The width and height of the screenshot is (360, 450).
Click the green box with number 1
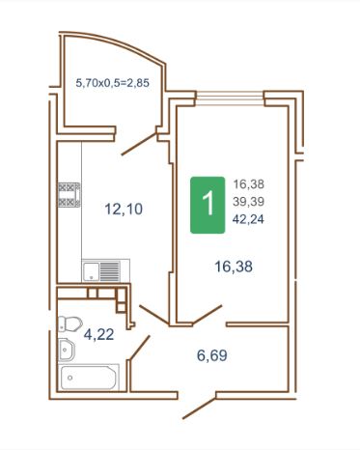(208, 205)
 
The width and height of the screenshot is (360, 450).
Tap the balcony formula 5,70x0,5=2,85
(113, 83)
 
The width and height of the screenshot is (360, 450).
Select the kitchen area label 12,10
(124, 209)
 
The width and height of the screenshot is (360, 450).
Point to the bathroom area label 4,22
(98, 334)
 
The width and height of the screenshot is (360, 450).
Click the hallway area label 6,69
(212, 355)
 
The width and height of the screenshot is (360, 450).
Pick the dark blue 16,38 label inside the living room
(234, 267)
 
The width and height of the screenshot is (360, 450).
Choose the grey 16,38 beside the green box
(249, 184)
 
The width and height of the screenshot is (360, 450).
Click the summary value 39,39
(249, 202)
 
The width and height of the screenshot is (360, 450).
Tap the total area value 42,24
(249, 219)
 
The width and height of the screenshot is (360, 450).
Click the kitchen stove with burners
(69, 195)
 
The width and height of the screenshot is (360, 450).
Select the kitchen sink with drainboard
(106, 271)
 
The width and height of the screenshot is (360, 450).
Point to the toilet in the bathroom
(70, 323)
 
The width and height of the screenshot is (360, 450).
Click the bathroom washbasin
(67, 350)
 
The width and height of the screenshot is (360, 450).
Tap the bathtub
(90, 377)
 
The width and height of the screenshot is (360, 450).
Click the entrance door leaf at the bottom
(199, 408)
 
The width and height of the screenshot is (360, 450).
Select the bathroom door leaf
(140, 347)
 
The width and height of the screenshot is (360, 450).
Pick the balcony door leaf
(139, 144)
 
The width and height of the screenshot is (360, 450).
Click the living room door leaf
(207, 314)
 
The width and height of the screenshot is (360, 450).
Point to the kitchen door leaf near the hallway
(153, 315)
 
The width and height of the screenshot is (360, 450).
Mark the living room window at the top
(230, 98)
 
